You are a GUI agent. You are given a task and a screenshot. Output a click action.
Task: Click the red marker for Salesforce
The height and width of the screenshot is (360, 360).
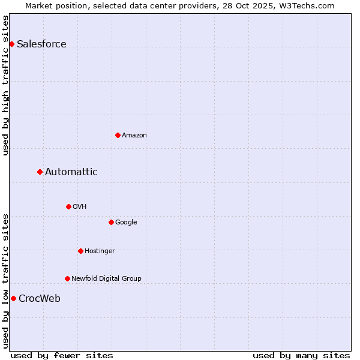[11, 44]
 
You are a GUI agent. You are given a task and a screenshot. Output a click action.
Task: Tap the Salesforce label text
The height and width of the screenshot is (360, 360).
[41, 44]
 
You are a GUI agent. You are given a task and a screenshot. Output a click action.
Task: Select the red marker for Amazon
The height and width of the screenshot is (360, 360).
[118, 135]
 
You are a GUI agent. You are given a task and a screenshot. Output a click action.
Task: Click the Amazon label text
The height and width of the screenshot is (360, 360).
[134, 135]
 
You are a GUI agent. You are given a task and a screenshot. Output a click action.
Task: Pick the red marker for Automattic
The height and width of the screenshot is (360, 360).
[40, 172]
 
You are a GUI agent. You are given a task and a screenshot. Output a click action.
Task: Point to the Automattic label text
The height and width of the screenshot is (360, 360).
[71, 172]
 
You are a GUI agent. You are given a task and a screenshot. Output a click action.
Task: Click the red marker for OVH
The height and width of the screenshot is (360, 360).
[68, 206]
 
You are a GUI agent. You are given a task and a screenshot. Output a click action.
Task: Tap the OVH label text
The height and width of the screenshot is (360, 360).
[80, 206]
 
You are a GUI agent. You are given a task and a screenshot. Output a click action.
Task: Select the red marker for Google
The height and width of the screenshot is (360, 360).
[111, 222]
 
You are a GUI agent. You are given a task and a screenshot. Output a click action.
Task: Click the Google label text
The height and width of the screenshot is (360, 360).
[126, 222]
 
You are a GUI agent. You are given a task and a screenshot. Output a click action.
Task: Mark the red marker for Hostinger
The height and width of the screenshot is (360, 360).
[80, 251]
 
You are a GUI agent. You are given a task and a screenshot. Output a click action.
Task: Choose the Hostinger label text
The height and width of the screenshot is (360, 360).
[100, 251]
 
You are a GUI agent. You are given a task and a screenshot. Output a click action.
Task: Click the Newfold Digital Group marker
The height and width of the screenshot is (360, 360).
[67, 278]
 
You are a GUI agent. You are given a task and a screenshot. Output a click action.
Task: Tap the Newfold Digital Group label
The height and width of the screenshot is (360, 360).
[106, 278]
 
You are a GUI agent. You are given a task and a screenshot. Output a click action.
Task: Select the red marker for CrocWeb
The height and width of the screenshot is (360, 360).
[13, 298]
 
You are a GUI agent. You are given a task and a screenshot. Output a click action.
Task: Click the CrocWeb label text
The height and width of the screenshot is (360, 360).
[39, 298]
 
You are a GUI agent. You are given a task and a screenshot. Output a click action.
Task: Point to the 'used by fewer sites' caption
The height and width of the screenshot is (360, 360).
[62, 355]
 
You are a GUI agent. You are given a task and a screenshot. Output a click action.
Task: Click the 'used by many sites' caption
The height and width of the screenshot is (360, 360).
[301, 355]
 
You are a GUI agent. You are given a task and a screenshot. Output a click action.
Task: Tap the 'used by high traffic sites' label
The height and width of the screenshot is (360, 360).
[5, 85]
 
